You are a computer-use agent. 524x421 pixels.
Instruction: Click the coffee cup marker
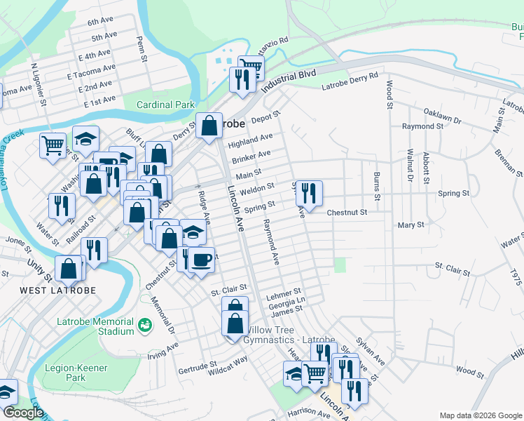coord(201,260)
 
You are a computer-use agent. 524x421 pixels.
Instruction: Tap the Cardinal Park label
coord(165,105)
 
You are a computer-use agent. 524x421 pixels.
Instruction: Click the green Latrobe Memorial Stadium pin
coord(144,325)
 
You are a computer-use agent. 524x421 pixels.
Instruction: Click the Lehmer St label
coord(284,290)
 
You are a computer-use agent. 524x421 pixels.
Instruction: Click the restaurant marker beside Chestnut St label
coord(308,193)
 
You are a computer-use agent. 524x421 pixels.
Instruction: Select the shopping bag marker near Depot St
coord(209,126)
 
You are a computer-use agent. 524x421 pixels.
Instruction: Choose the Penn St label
coord(142,47)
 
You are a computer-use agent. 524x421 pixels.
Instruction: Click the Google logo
coord(22,412)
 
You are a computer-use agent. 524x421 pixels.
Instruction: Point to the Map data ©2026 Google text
coord(479,415)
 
